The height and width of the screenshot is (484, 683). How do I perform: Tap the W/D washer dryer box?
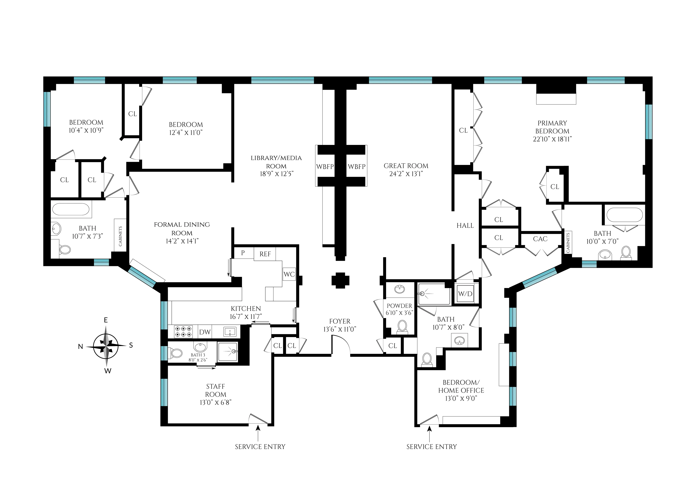tap(465, 294)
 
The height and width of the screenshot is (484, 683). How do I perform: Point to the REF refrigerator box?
tap(265, 254)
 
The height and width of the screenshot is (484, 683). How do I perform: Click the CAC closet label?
tap(540, 239)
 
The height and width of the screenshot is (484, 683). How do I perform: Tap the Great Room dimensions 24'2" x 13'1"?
tap(406, 174)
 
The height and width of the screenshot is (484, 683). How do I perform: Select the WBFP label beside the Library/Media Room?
tap(325, 167)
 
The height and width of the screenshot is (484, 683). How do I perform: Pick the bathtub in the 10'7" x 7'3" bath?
tap(71, 209)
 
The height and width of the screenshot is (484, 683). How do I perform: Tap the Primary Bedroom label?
tap(552, 127)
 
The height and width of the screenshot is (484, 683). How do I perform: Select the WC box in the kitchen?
tap(289, 274)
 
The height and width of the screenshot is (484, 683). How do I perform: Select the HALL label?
tap(465, 226)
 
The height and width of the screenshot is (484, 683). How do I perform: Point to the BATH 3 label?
tap(198, 355)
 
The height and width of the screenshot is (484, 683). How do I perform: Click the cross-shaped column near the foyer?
tap(340, 280)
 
